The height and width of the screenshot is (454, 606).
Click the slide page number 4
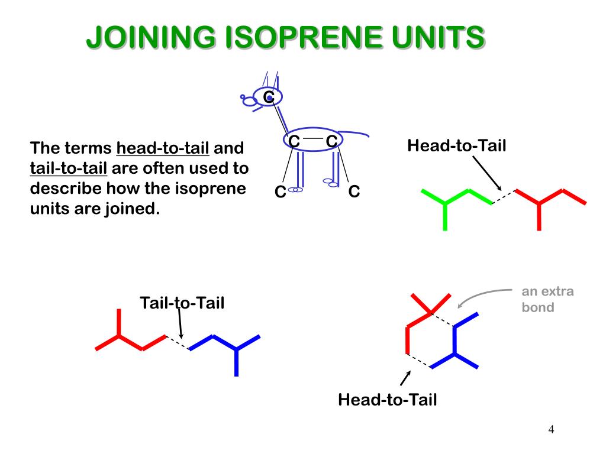pyautogui.click(x=551, y=429)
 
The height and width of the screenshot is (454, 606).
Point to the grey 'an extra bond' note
pyautogui.click(x=547, y=299)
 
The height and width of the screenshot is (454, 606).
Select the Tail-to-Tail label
pyautogui.click(x=182, y=303)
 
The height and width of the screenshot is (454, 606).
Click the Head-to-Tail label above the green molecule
pyautogui.click(x=456, y=145)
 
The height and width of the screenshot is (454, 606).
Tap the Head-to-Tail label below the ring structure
pyautogui.click(x=387, y=400)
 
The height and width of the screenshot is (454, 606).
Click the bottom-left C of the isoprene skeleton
pyautogui.click(x=280, y=192)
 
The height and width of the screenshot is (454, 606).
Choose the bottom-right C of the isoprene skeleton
pyautogui.click(x=354, y=192)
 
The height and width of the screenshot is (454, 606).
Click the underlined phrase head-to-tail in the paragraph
pyautogui.click(x=163, y=148)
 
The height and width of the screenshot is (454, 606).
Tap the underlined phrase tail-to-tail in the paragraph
pyautogui.click(x=69, y=168)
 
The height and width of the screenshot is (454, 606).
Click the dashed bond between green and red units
pyautogui.click(x=504, y=197)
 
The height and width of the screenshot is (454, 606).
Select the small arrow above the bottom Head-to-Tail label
pyautogui.click(x=406, y=377)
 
